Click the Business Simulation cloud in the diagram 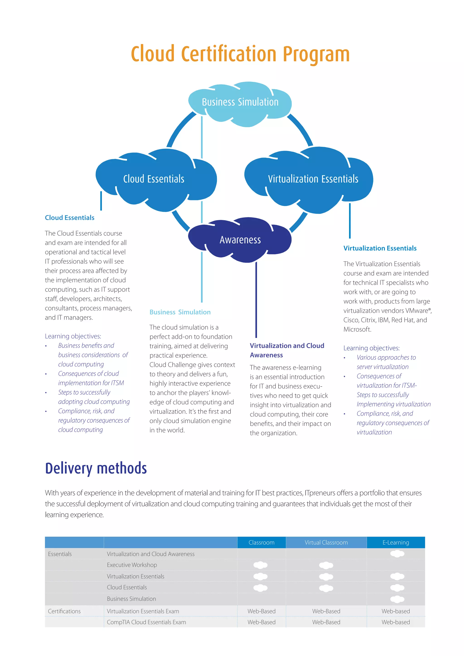(x=240, y=103)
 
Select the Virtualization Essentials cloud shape (x=313, y=179)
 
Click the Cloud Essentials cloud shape (x=154, y=179)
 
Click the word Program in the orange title (x=316, y=55)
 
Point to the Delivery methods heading (x=96, y=469)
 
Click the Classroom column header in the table (x=261, y=542)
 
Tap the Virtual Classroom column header (x=326, y=542)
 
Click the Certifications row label (x=64, y=611)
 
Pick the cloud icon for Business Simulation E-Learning (x=397, y=599)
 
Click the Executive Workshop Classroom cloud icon (x=260, y=565)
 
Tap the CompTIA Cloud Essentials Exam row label (x=146, y=622)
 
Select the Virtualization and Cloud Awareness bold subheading (x=287, y=350)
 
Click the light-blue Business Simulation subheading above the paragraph (x=180, y=312)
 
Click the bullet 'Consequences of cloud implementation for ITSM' (x=91, y=378)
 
